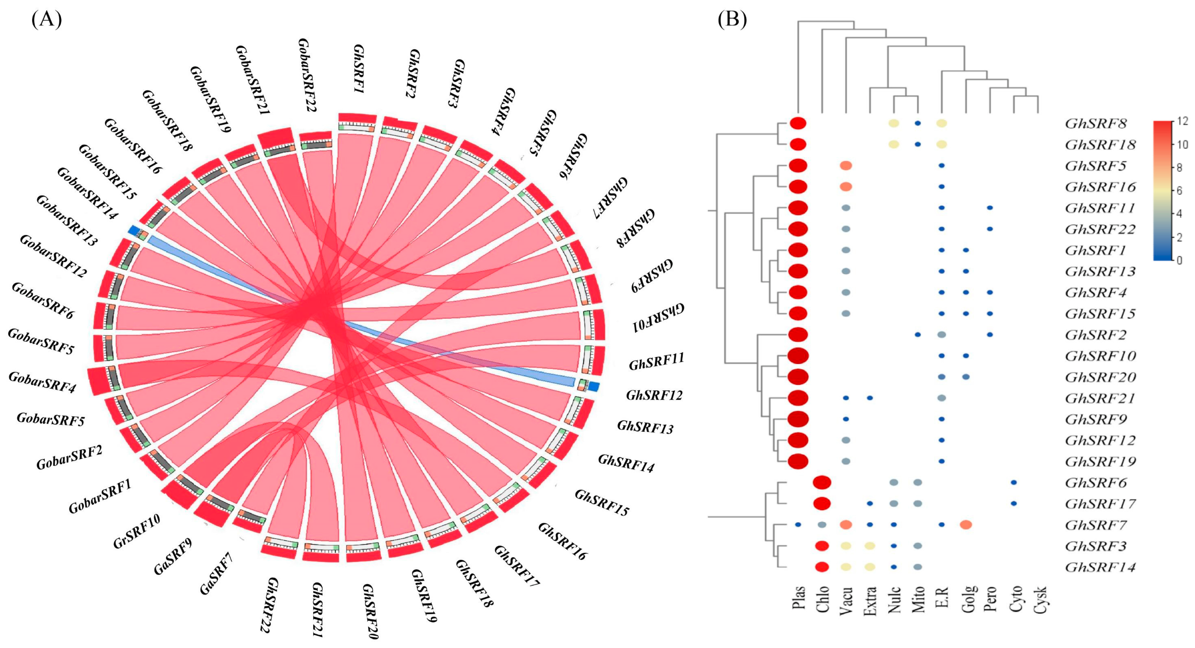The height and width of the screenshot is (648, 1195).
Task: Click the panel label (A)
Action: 46,20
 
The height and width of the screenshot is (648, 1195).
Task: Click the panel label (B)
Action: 732,20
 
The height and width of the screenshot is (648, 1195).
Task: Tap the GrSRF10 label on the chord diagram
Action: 137,531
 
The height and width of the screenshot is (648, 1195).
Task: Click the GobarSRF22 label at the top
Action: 306,75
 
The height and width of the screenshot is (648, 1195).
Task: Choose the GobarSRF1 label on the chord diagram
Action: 100,497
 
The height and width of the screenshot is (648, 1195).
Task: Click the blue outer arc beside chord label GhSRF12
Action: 594,386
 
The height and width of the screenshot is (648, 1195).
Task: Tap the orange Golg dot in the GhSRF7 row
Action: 966,525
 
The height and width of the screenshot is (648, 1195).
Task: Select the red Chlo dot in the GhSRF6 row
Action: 822,483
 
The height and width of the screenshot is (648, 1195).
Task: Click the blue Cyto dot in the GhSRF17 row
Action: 1014,504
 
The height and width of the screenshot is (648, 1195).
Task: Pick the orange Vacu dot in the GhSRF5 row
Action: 846,166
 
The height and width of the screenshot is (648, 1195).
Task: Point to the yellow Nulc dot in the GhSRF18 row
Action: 893,144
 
